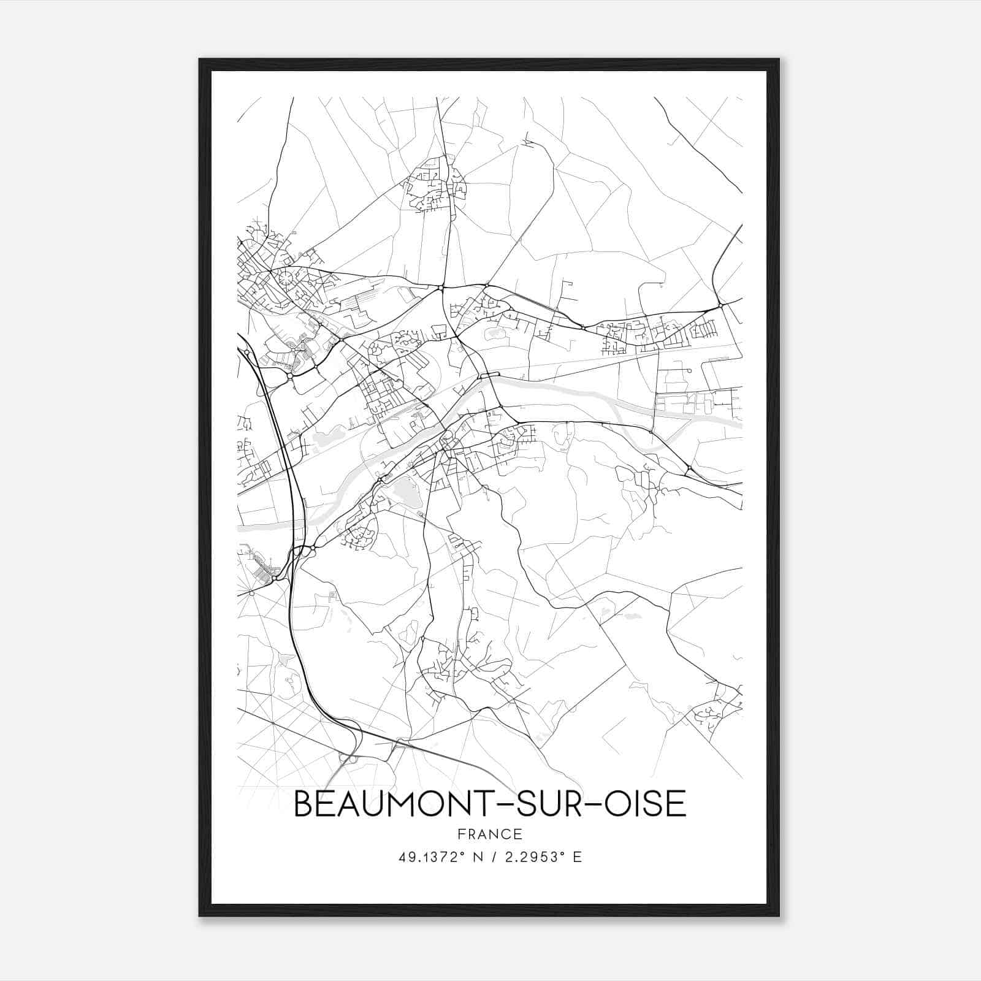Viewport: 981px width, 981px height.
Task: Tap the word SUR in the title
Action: click(557, 804)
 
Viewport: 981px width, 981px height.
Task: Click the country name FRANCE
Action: click(490, 834)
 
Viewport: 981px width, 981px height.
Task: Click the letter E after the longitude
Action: click(577, 857)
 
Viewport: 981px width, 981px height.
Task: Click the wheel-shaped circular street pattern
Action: click(286, 279)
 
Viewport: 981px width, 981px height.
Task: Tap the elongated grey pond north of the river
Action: click(325, 438)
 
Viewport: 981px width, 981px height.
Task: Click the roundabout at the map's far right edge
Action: click(721, 305)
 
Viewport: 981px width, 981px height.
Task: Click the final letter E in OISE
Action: click(677, 804)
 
